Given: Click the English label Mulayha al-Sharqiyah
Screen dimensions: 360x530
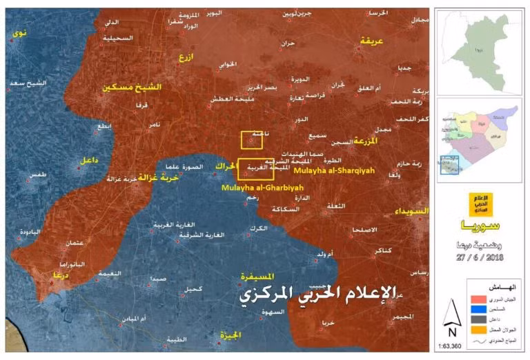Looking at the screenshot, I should (x=326, y=168).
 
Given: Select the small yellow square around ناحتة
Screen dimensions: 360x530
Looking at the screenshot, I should (x=251, y=140).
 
